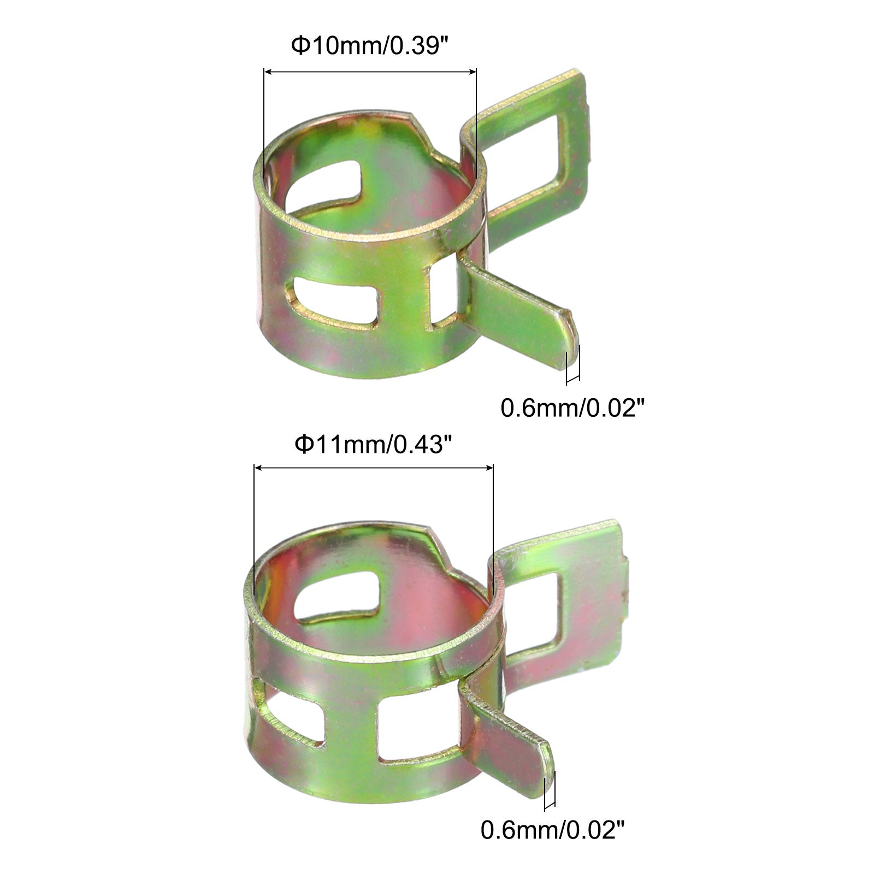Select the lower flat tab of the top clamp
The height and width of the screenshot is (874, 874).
tap(519, 311)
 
